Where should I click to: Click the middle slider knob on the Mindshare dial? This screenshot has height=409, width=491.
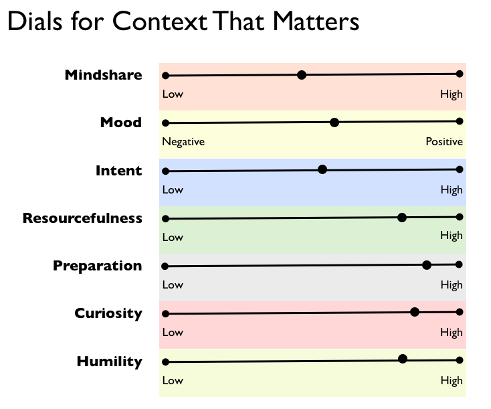[302, 75]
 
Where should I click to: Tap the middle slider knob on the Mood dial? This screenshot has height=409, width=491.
[334, 122]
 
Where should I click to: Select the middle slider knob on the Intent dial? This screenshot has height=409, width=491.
[322, 169]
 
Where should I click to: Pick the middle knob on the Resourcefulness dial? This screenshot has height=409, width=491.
[402, 217]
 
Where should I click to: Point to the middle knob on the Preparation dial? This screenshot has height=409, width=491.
[427, 265]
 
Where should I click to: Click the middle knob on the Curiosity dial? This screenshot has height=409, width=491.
[415, 312]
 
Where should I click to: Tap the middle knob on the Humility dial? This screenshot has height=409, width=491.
[403, 359]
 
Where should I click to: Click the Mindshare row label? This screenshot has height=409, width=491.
[103, 75]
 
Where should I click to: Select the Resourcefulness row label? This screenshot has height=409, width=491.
[82, 218]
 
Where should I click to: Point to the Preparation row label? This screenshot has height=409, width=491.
[98, 266]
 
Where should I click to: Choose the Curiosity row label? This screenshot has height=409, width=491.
[108, 313]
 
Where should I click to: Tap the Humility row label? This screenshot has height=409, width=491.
[110, 361]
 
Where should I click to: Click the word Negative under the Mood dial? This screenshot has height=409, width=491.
[183, 142]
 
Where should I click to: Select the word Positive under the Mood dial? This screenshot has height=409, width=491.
[444, 141]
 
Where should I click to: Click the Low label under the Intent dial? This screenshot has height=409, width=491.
[173, 189]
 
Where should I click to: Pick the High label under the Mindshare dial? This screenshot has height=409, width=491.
[452, 94]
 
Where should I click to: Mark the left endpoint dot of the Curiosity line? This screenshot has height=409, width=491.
[166, 314]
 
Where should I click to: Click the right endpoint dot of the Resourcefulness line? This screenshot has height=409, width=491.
[460, 217]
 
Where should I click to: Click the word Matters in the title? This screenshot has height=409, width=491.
[316, 21]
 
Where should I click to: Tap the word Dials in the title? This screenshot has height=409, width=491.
[35, 21]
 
